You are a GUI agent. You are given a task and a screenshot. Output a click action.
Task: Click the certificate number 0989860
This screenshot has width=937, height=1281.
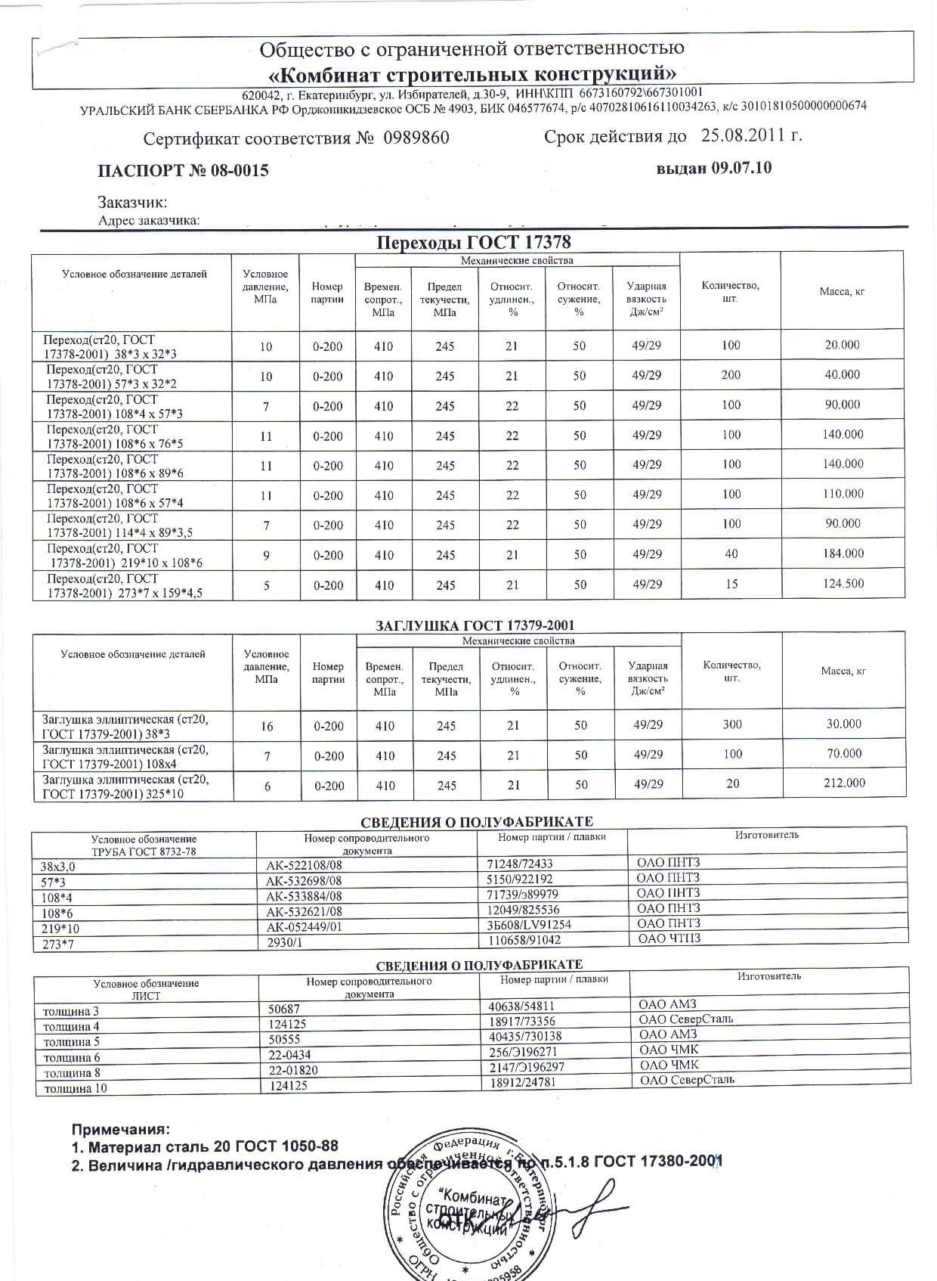pyautogui.click(x=416, y=138)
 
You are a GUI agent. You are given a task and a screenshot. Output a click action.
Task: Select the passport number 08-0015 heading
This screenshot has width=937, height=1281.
pyautogui.click(x=184, y=171)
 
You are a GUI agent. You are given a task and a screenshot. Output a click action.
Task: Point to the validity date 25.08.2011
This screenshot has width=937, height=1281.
pyautogui.click(x=750, y=135)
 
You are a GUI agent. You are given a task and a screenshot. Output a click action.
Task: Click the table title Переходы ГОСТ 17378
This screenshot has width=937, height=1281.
pyautogui.click(x=474, y=243)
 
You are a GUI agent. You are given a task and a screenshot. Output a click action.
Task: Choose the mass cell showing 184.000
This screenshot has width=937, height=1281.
pyautogui.click(x=843, y=554)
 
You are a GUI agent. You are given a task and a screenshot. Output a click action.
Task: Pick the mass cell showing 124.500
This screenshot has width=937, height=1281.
pyautogui.click(x=843, y=584)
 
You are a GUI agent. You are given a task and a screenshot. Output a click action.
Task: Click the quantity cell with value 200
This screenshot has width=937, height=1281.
pyautogui.click(x=731, y=375)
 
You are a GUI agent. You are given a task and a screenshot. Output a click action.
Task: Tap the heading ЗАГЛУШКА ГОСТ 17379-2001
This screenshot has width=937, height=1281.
pyautogui.click(x=475, y=625)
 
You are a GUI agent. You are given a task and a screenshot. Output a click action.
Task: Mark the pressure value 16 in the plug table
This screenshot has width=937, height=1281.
pyautogui.click(x=267, y=726)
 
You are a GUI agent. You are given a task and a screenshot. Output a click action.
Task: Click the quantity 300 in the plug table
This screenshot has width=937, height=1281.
pyautogui.click(x=732, y=724)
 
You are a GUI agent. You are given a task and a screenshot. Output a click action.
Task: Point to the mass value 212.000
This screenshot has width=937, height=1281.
pyautogui.click(x=844, y=783)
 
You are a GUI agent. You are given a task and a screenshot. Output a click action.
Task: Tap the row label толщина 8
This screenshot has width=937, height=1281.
pyautogui.click(x=72, y=1073)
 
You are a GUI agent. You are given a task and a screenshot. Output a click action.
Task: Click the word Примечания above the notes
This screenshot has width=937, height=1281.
pyautogui.click(x=121, y=1130)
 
